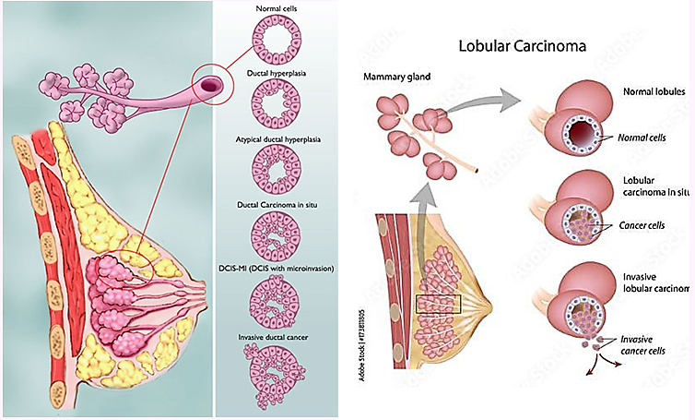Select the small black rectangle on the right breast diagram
click(438, 304)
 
